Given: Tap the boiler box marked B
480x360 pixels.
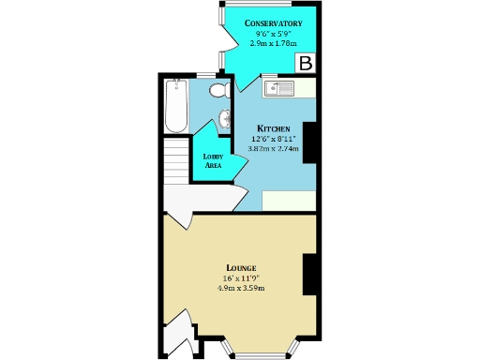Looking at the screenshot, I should tap(306, 64).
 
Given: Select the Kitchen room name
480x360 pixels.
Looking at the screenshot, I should tap(274, 128).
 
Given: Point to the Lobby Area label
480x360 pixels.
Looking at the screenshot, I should tap(212, 160).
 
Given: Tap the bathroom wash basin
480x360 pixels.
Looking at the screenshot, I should tap(225, 120).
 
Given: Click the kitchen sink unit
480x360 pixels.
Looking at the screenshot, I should tap(279, 89).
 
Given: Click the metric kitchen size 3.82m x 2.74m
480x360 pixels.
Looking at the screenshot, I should tap(274, 148).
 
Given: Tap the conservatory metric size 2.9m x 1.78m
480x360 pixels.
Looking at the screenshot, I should tap(271, 43).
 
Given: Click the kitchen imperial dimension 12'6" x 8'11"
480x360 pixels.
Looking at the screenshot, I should tap(274, 139).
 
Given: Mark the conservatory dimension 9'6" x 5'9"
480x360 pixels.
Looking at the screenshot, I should tap(271, 34).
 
